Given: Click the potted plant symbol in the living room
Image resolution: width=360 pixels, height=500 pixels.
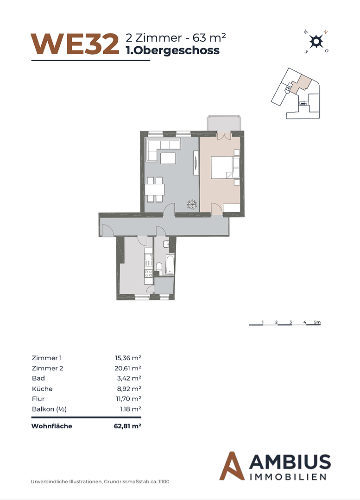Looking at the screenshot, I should click(191, 204).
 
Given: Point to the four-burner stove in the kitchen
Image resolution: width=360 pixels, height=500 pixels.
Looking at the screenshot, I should click(148, 273).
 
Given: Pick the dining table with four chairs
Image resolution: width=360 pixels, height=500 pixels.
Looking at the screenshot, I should click(154, 189).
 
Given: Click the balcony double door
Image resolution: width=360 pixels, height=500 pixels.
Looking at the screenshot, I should click(224, 136).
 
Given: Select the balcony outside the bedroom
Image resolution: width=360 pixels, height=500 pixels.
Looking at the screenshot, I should click(224, 123).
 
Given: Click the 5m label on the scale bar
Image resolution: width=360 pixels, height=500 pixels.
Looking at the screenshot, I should click(317, 321).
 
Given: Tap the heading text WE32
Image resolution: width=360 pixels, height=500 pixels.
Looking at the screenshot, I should click(74, 44).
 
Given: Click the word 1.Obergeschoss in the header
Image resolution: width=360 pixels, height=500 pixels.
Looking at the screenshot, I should click(173, 50).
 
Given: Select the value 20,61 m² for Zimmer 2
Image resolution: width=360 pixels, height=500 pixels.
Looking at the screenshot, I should click(127, 368).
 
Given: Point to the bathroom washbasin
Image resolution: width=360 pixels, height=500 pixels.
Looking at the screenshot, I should click(167, 244).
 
